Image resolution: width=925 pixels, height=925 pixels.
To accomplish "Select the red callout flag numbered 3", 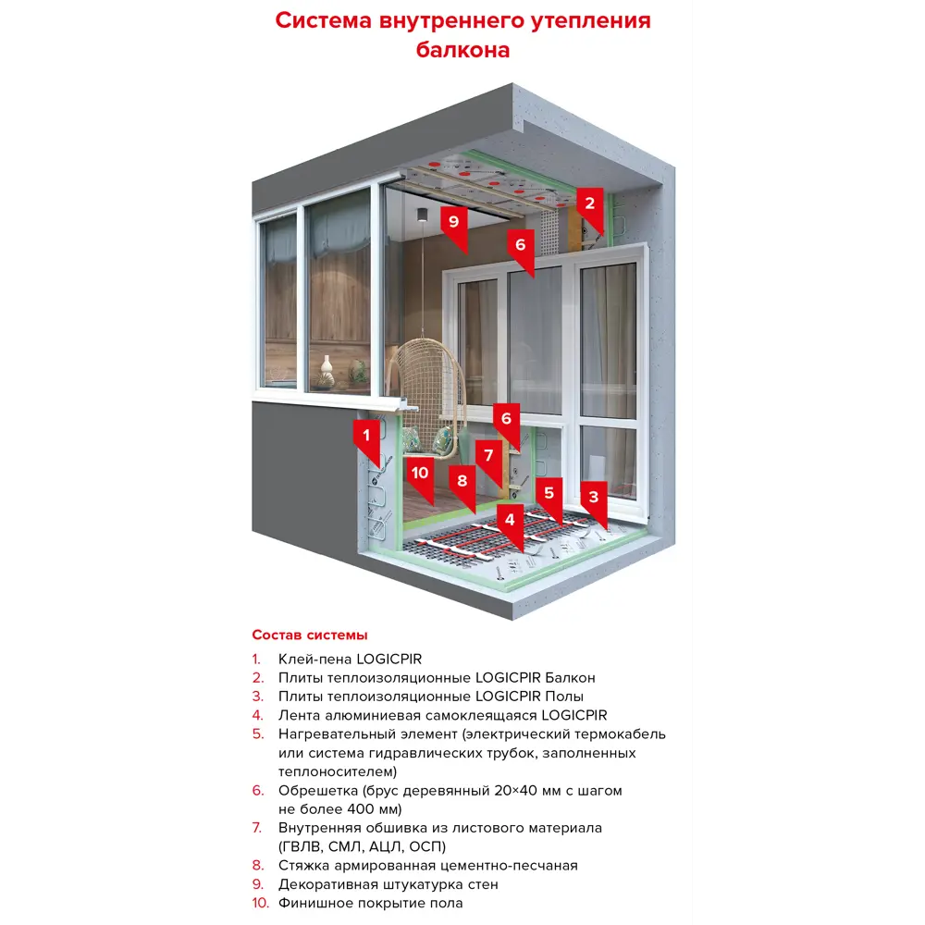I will point(593,498).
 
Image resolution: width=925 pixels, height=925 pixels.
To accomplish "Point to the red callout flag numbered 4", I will point(510,521).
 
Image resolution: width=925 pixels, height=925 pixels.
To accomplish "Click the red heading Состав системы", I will point(310,635).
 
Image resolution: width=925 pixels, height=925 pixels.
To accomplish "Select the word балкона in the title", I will point(462,50).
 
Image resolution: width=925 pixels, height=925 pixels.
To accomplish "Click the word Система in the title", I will point(325,21).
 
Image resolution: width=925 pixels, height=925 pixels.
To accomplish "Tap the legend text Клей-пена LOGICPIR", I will point(350,660).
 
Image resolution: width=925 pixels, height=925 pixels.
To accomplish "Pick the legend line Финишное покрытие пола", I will point(370,903).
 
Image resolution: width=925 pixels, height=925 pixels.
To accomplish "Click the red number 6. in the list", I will point(258,791).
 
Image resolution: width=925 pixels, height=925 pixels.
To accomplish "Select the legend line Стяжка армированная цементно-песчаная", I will point(427,866).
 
